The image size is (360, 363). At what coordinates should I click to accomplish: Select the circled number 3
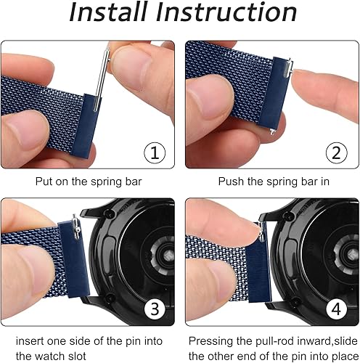tap(155, 309)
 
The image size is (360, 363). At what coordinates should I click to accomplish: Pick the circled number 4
tap(335, 309)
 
